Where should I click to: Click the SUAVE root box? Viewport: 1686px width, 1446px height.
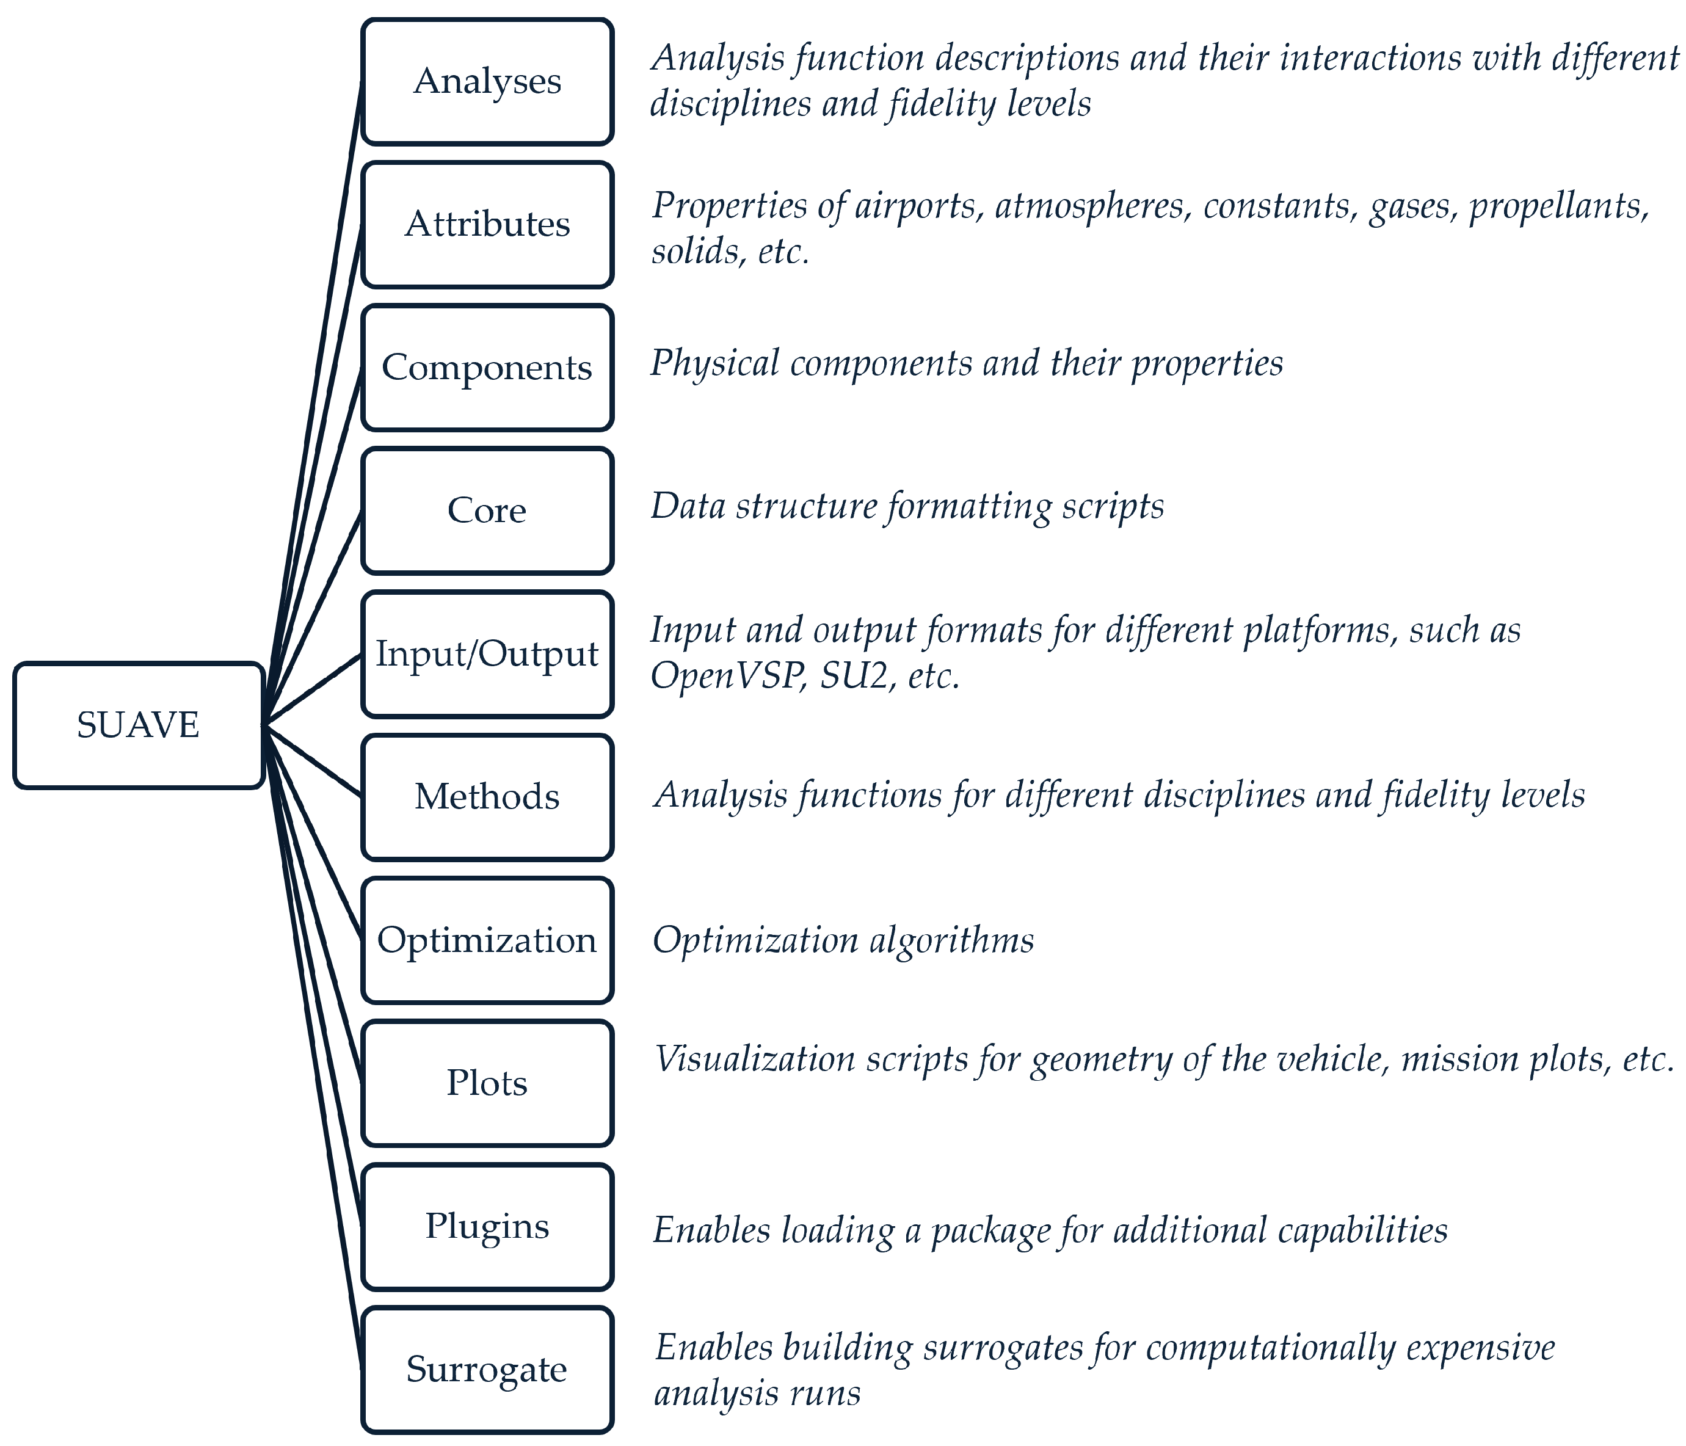(139, 725)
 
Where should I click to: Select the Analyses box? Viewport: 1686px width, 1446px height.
(487, 81)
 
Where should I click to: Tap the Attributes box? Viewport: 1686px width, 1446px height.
(487, 225)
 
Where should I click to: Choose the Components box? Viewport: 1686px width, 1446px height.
(487, 368)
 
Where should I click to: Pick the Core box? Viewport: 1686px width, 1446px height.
(487, 511)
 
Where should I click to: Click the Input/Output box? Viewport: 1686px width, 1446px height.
(487, 654)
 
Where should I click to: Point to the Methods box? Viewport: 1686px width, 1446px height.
(487, 797)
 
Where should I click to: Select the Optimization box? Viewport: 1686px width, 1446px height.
(487, 940)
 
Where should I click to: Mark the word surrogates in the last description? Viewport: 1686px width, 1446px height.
(1003, 1348)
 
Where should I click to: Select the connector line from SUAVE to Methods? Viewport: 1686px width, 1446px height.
(313, 760)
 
